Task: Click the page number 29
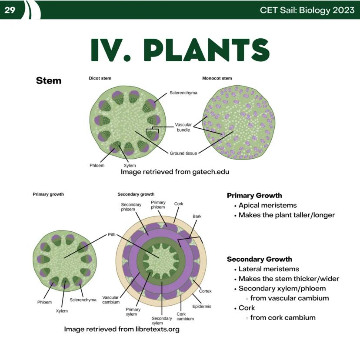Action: (x=10, y=10)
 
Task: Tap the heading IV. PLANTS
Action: (x=180, y=50)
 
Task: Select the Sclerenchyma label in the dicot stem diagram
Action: (x=183, y=93)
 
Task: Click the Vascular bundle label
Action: (x=183, y=127)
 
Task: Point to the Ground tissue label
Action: (x=183, y=153)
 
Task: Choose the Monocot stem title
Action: (x=217, y=78)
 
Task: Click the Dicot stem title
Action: (x=100, y=78)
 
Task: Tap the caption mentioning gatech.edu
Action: (x=175, y=172)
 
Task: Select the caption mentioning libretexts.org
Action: (x=122, y=329)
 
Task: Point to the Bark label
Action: (x=197, y=216)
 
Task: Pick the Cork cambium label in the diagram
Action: (x=185, y=316)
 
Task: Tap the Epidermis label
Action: (x=202, y=307)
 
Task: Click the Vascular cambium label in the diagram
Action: (x=111, y=300)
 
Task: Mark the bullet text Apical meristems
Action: (x=267, y=205)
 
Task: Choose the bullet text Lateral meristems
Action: (x=269, y=269)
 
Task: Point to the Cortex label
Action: (x=205, y=291)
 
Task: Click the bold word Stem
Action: (x=49, y=81)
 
